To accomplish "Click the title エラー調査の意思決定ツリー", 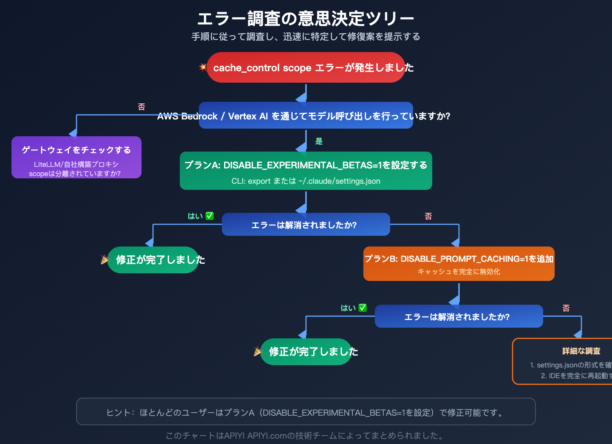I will tap(306, 18).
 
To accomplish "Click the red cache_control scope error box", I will tap(306, 68).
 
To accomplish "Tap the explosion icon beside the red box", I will tap(203, 67).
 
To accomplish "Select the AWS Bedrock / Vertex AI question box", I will tap(306, 116).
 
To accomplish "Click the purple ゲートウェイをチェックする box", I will tap(76, 157).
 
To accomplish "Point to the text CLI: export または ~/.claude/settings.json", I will tap(306, 181).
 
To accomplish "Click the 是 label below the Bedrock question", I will tap(319, 141).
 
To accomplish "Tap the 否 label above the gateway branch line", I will tap(142, 107).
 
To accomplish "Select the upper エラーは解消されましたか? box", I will tap(306, 225).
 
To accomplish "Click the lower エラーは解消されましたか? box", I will tap(459, 317).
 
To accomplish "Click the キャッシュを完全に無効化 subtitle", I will tap(459, 272).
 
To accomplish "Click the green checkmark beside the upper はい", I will tap(210, 216).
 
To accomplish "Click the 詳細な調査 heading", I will tap(581, 351).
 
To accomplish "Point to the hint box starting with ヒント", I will tap(306, 412).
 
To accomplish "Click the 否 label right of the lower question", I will tap(566, 308).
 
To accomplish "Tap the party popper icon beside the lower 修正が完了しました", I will tap(259, 351).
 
